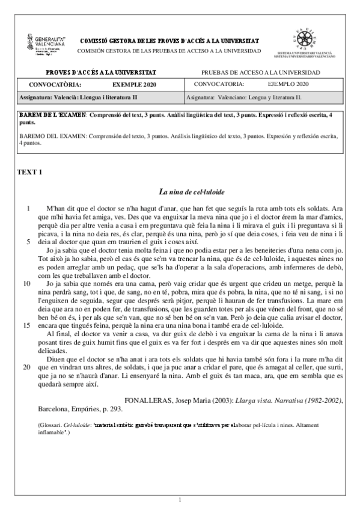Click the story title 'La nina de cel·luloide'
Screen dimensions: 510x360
(192, 192)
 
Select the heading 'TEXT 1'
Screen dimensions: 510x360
(31, 173)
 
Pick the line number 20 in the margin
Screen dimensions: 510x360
(27, 366)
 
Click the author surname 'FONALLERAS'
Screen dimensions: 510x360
(148, 399)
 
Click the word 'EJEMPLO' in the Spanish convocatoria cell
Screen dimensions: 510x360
(281, 84)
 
